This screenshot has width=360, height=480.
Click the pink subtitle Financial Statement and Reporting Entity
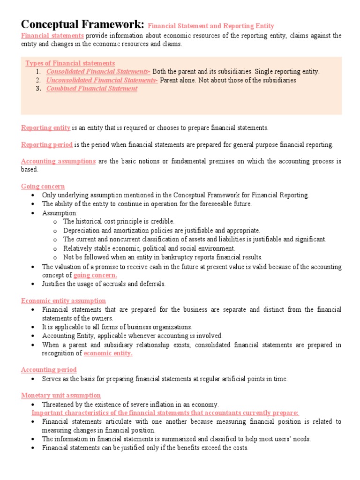(x=211, y=26)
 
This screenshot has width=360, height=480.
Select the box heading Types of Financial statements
(x=70, y=63)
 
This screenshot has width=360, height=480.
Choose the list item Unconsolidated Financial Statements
(x=102, y=80)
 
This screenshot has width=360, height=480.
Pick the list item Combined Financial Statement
(x=92, y=89)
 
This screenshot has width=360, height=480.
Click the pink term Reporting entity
(x=46, y=127)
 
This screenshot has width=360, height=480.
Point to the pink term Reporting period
(x=47, y=144)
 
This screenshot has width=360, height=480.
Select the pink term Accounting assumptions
(x=58, y=161)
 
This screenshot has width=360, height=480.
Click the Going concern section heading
(x=43, y=187)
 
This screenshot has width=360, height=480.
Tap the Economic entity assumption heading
(x=63, y=301)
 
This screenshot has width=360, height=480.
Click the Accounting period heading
(x=49, y=370)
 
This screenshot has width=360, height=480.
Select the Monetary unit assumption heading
(x=61, y=396)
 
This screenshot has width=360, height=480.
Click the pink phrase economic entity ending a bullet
(x=108, y=353)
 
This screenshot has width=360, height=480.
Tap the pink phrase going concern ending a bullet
(x=95, y=275)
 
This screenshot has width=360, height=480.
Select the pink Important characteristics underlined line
(x=165, y=412)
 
